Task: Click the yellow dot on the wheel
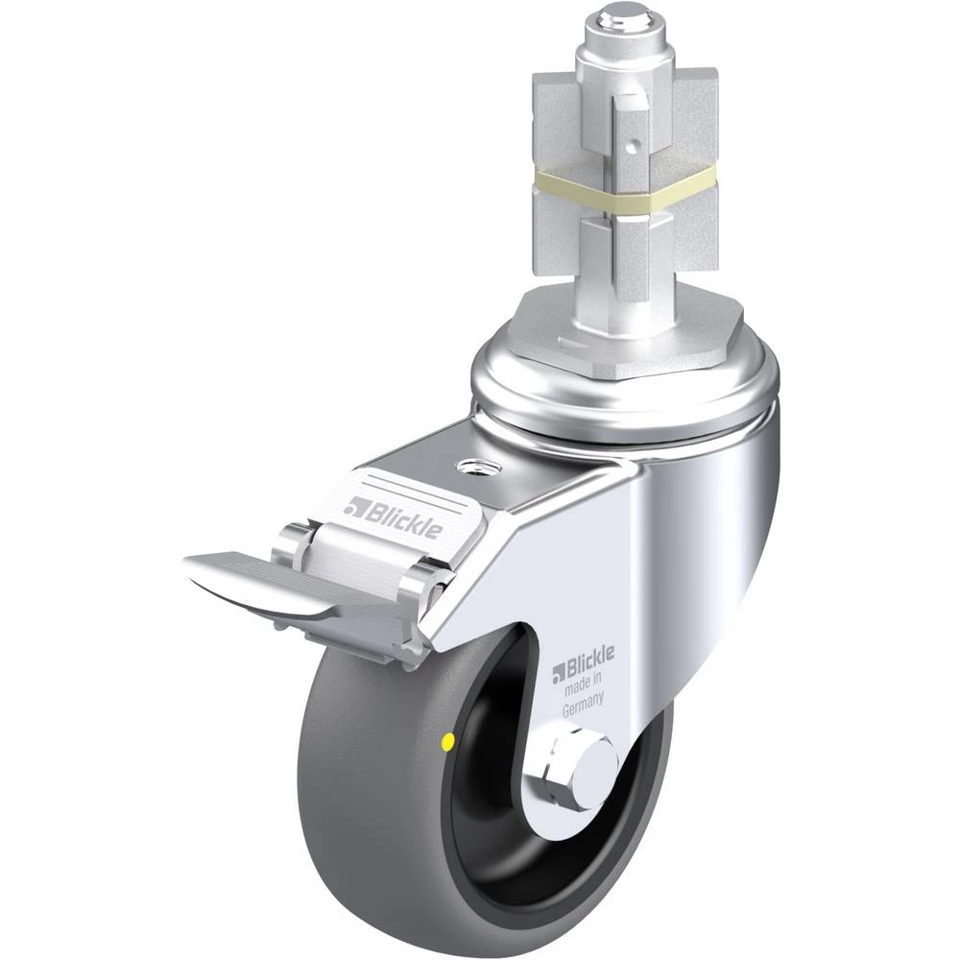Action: pyautogui.click(x=447, y=742)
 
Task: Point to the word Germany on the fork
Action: pyautogui.click(x=583, y=705)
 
